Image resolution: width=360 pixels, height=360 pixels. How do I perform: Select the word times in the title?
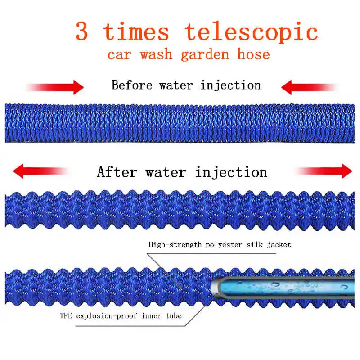[x=136, y=31]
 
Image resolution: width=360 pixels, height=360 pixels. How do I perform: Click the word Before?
[x=132, y=85]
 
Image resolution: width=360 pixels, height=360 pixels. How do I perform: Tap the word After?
[x=119, y=172]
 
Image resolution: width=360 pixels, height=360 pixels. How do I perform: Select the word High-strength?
[x=172, y=245]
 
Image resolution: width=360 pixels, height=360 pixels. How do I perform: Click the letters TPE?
[x=66, y=316]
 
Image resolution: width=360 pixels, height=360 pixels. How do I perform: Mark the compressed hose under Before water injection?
[x=180, y=123]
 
